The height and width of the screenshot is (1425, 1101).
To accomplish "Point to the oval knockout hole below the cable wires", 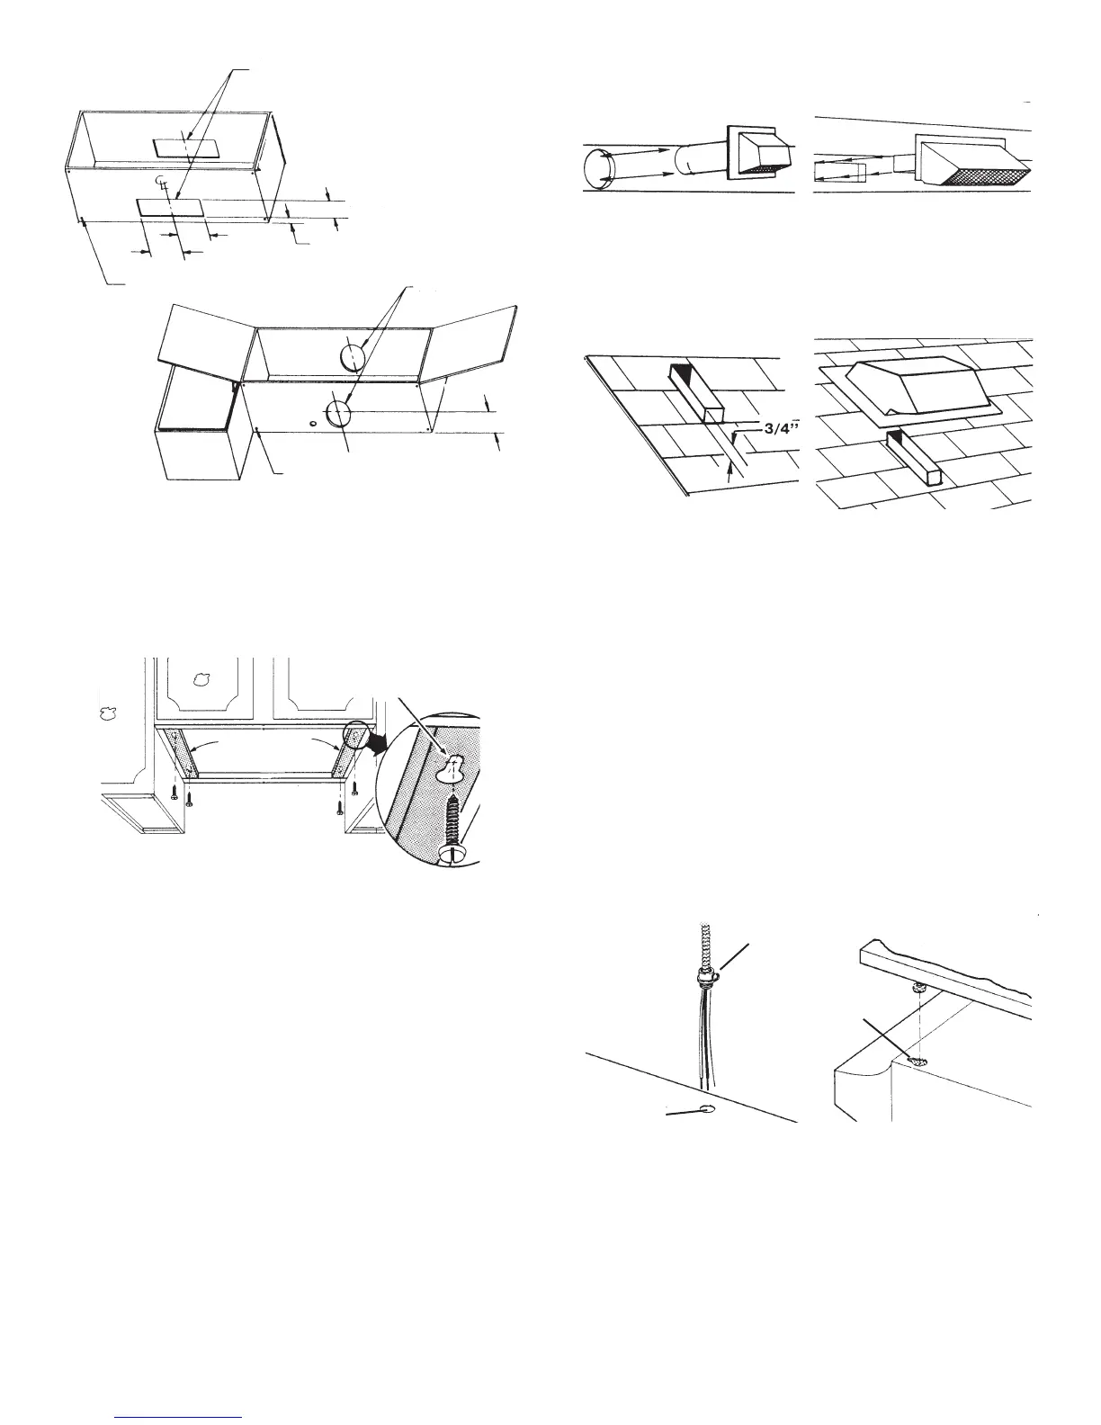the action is [705, 1108].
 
